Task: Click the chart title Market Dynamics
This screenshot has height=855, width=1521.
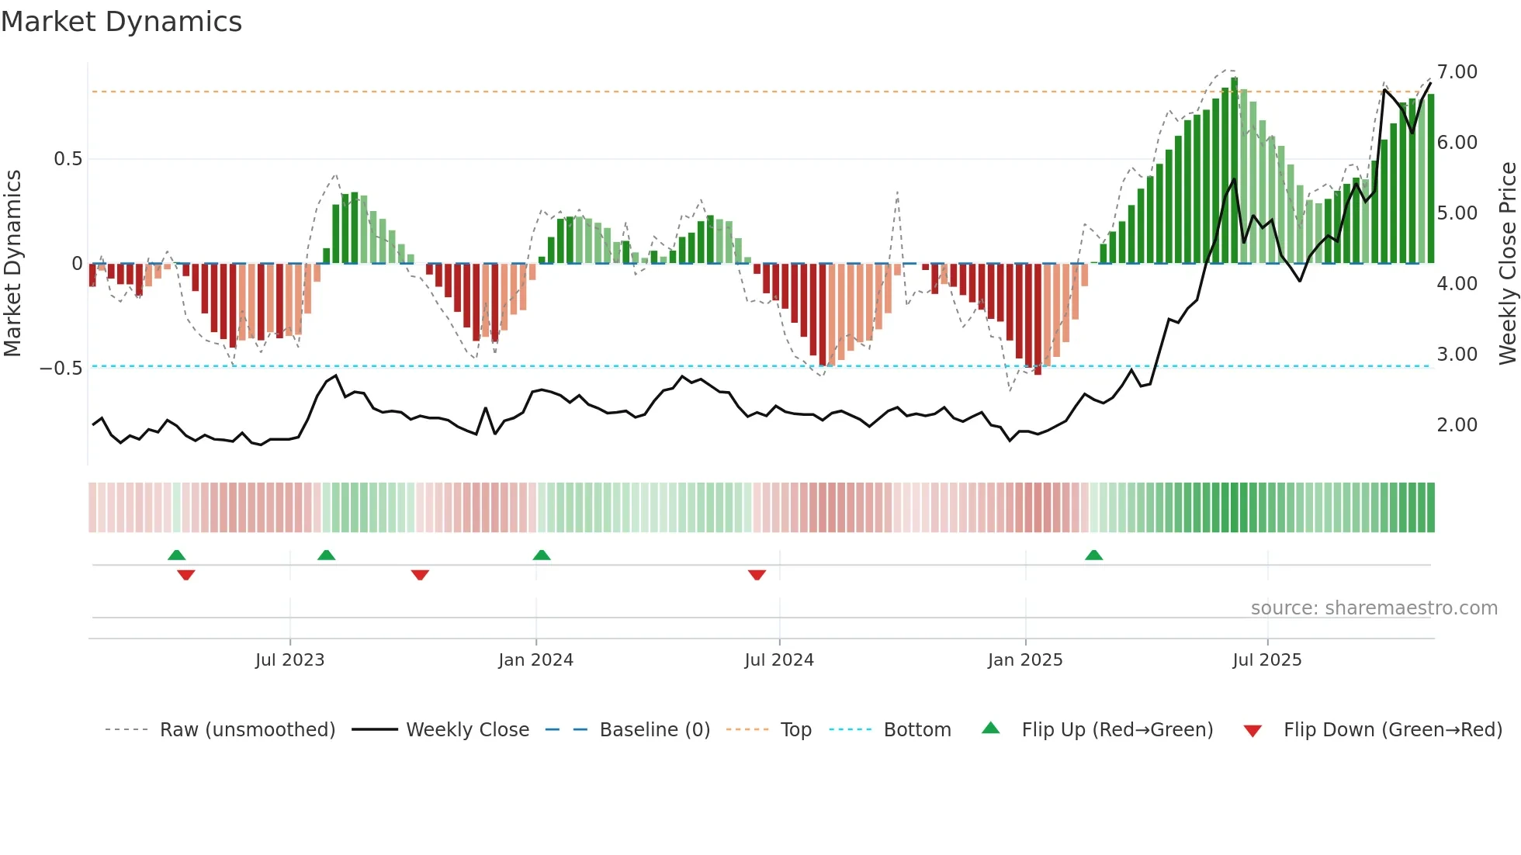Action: (x=122, y=22)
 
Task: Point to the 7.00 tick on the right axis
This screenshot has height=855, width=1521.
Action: (x=1457, y=72)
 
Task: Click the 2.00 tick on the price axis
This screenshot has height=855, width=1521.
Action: (x=1457, y=425)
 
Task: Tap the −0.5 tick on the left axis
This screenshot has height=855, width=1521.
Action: (x=61, y=368)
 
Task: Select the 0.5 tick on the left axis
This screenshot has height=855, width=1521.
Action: (x=68, y=159)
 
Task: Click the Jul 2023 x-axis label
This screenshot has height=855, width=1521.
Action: (x=289, y=660)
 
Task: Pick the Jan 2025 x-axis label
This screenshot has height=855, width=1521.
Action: (x=1024, y=660)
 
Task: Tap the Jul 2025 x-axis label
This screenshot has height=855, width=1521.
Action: (x=1266, y=660)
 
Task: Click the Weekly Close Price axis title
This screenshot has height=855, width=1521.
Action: (x=1507, y=264)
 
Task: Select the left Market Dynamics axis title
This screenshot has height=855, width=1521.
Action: (x=12, y=264)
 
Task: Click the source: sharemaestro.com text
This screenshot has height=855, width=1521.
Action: (x=1374, y=608)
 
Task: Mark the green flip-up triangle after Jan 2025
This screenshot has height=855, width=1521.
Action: (x=1093, y=556)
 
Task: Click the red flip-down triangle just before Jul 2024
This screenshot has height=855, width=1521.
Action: (x=757, y=575)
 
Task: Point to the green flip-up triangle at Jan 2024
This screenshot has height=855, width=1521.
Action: (x=542, y=556)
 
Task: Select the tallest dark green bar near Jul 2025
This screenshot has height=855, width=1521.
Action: (x=1234, y=171)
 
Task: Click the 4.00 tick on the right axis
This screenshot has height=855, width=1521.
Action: (x=1457, y=284)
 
